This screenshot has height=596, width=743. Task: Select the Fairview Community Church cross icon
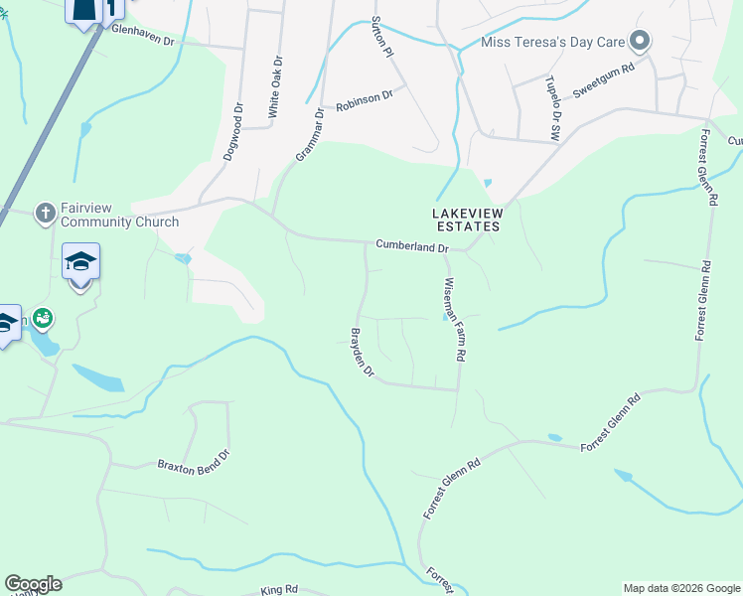click(x=44, y=213)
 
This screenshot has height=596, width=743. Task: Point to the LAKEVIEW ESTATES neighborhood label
click(x=467, y=220)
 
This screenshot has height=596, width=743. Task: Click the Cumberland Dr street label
click(x=412, y=246)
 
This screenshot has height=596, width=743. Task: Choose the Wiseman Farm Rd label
click(x=455, y=319)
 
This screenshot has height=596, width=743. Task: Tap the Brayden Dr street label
click(x=362, y=353)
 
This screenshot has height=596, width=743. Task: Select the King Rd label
click(x=279, y=590)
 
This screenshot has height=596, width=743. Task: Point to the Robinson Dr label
click(x=365, y=100)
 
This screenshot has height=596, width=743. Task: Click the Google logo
click(x=33, y=584)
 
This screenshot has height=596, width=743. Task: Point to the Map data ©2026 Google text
click(x=681, y=588)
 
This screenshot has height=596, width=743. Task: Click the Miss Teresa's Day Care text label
click(x=553, y=42)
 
